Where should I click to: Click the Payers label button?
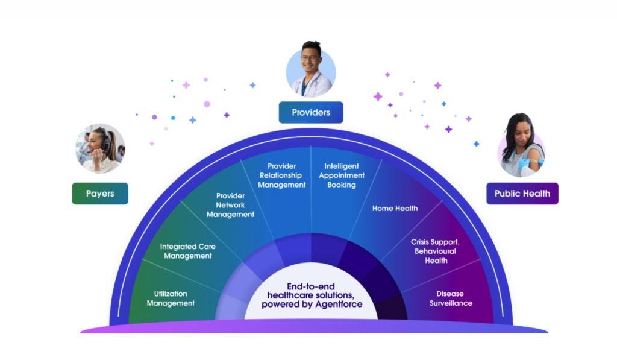tap(100, 194)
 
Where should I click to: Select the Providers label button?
tap(311, 112)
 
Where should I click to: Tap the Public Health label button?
tap(522, 194)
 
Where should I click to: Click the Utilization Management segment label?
tap(171, 298)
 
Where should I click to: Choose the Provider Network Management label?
tap(230, 205)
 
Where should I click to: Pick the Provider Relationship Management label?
tap(282, 175)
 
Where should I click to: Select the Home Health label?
tap(395, 209)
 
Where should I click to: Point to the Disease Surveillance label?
tap(451, 298)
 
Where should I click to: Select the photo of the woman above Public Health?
tap(522, 147)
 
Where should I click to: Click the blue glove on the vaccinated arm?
tap(534, 163)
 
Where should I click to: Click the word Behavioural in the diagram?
tap(435, 251)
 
